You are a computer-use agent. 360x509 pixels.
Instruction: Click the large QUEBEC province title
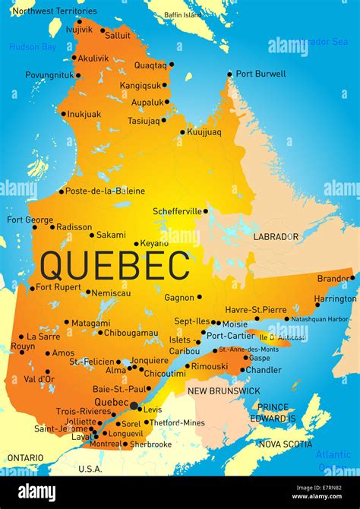pyautogui.click(x=115, y=266)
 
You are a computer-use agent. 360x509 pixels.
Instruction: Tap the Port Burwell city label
pyautogui.click(x=261, y=74)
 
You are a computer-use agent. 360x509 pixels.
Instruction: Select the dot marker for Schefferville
pyautogui.click(x=205, y=210)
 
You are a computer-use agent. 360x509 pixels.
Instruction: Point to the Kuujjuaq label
pyautogui.click(x=204, y=131)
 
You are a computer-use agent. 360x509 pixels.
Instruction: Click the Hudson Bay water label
pyautogui.click(x=33, y=47)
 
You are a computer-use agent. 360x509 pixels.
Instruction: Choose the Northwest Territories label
pyautogui.click(x=55, y=11)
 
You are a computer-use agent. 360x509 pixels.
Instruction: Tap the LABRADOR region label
pyautogui.click(x=276, y=236)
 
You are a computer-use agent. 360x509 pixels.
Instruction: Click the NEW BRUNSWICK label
pyautogui.click(x=224, y=390)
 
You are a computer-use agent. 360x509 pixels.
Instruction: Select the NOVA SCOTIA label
pyautogui.click(x=285, y=444)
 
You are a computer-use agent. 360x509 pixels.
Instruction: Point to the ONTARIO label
pyautogui.click(x=25, y=457)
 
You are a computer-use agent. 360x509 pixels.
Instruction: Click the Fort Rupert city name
pyautogui.click(x=58, y=287)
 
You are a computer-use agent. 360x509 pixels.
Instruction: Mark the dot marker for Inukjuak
pyautogui.click(x=63, y=114)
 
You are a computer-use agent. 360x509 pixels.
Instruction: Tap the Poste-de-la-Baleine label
pyautogui.click(x=105, y=191)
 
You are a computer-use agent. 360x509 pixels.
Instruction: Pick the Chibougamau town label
pyautogui.click(x=131, y=332)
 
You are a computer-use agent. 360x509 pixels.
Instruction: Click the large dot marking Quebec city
pyautogui.click(x=134, y=406)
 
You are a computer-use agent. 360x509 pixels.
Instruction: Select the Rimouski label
pyautogui.click(x=209, y=366)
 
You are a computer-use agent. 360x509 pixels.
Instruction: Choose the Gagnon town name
pyautogui.click(x=180, y=297)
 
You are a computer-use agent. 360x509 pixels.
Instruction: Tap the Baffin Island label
pyautogui.click(x=183, y=14)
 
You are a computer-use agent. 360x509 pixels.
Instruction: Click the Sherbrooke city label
pyautogui.click(x=150, y=444)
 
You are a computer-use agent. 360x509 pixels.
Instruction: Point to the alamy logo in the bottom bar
pyautogui.click(x=36, y=492)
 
